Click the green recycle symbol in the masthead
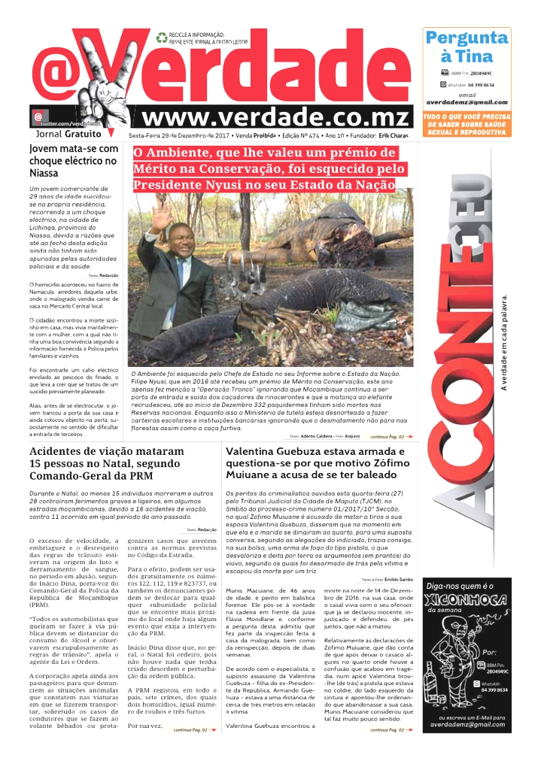tap(162, 36)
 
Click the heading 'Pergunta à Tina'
tap(467, 47)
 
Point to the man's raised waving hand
tap(160, 215)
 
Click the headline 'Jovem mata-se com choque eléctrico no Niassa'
tap(74, 160)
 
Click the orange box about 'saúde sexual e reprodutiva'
tap(467, 125)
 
